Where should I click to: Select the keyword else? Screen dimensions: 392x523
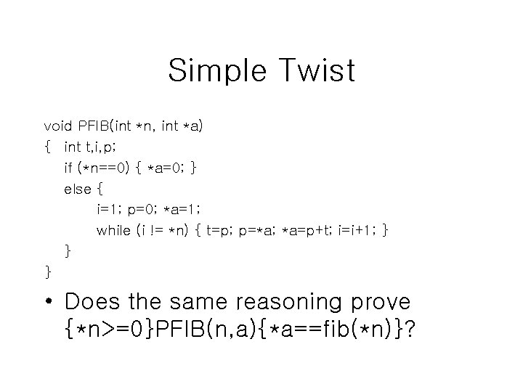coord(78,189)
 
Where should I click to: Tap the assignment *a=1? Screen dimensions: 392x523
coord(178,210)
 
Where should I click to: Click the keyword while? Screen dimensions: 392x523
coord(114,231)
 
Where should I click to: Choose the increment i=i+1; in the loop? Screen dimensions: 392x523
coord(356,231)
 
